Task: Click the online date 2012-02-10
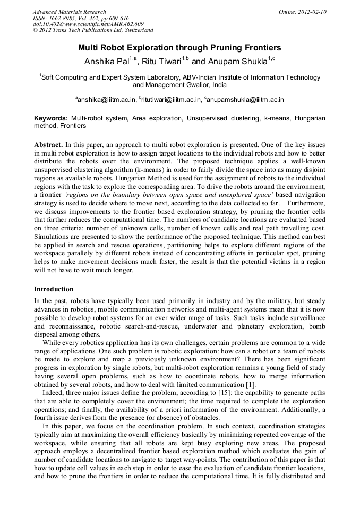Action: click(312, 12)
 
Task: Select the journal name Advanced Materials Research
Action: click(69, 12)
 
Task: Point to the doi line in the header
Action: click(88, 24)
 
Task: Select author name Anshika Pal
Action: click(107, 62)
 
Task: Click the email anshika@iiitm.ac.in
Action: click(107, 99)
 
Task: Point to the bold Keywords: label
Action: click(51, 118)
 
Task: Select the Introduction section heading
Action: click(54, 289)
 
